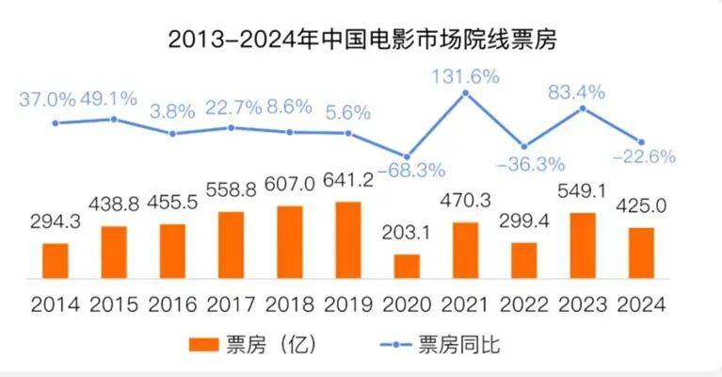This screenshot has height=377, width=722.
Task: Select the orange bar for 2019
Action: pos(348,239)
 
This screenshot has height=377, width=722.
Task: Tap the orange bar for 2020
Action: pos(407,266)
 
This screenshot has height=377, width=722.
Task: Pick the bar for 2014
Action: pos(56,260)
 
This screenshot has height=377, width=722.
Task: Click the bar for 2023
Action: pos(583,245)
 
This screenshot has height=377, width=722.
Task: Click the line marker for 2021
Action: pos(465,93)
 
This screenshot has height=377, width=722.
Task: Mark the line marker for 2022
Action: pos(524,147)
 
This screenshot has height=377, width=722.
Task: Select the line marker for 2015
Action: pos(114,119)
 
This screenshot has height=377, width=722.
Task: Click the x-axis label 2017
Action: pos(232,304)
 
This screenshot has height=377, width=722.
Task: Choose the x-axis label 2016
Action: pos(173,304)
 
